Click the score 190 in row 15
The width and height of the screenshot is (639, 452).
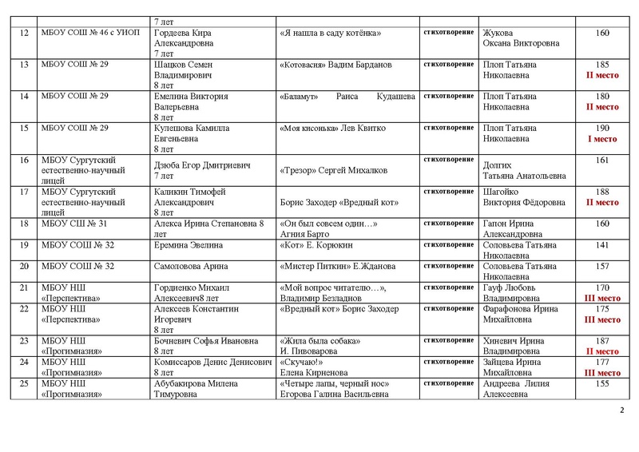[x=603, y=129]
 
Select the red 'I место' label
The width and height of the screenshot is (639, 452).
[x=603, y=139]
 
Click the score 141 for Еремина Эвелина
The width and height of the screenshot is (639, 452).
[x=603, y=244]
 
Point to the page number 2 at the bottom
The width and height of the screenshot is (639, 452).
[x=621, y=410]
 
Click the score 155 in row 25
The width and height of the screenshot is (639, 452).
[x=603, y=383]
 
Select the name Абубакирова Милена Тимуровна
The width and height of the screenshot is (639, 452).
[x=190, y=388]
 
